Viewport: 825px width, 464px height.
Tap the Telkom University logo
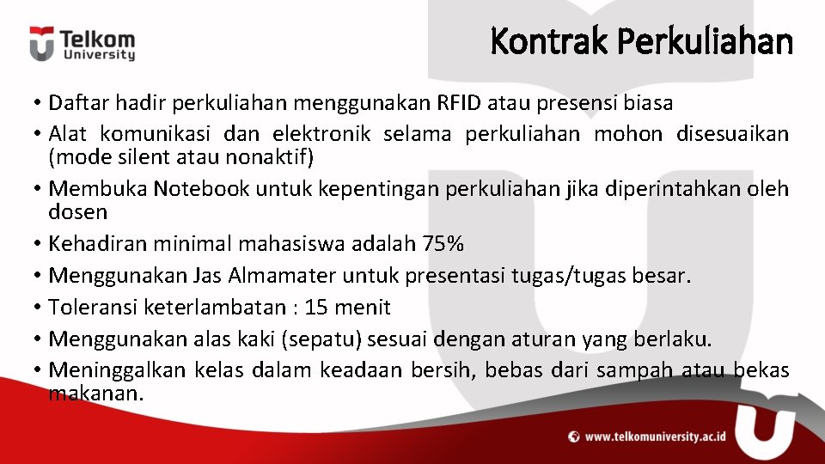(x=82, y=44)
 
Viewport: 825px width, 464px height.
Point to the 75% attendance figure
(x=443, y=244)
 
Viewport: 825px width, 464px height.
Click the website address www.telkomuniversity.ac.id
(x=655, y=437)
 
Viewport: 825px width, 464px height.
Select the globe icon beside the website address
(x=574, y=437)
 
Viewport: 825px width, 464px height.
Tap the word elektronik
(x=321, y=135)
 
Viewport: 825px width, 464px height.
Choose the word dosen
(x=77, y=211)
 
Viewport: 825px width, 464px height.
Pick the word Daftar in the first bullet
(x=75, y=104)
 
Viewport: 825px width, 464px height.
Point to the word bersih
(x=458, y=371)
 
